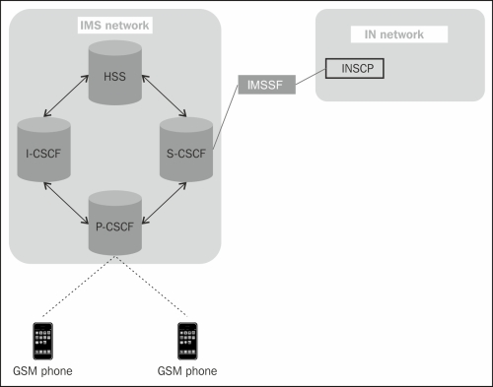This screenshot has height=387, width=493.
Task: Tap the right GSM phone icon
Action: click(184, 339)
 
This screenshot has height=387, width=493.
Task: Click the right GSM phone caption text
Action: click(186, 371)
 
